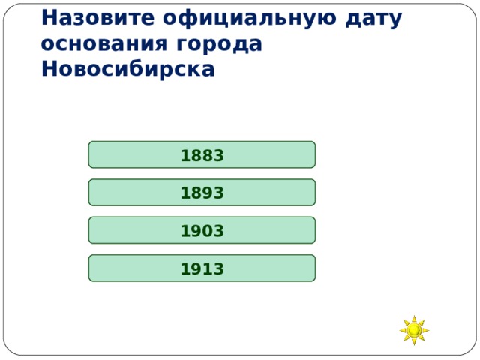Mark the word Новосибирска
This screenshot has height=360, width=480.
click(x=128, y=69)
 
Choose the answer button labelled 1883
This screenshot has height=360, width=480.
click(x=202, y=155)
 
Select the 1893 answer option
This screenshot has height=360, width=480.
click(x=202, y=193)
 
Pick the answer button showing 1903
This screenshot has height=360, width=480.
click(x=202, y=231)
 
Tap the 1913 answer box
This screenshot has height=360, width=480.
click(x=202, y=268)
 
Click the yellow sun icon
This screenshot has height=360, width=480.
click(x=414, y=330)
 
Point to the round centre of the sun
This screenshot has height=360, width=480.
click(x=414, y=330)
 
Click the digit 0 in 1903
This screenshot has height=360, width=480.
click(x=208, y=231)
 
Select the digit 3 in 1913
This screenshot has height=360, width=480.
click(x=218, y=268)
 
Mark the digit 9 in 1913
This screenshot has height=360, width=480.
click(x=196, y=268)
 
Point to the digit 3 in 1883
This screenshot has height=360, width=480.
click(x=218, y=155)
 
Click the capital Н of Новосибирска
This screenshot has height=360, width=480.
click(x=49, y=69)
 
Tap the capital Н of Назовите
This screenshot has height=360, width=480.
click(x=49, y=18)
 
